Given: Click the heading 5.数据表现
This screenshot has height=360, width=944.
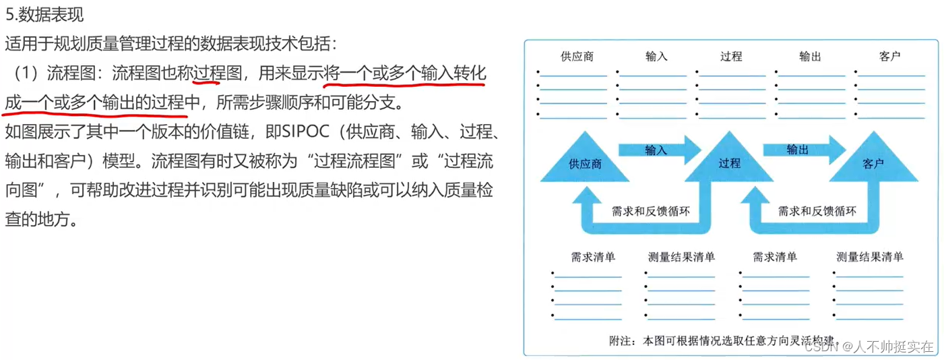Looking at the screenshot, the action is [44, 13].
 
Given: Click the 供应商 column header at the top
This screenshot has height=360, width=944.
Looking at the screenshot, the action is [577, 57].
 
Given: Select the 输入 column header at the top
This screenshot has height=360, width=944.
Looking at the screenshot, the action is [656, 57].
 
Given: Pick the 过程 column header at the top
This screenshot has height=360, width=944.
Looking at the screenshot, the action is [730, 57].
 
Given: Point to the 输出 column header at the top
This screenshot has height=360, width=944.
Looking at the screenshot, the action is [810, 57].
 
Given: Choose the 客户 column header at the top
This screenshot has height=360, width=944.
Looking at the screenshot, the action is [889, 57].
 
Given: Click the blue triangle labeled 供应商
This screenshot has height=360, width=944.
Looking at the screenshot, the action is [584, 162].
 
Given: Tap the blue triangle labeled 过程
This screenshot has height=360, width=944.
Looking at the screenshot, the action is [729, 162].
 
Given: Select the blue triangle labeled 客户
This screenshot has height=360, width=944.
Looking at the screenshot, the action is [873, 162].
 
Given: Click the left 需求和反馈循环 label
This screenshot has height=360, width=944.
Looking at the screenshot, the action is [650, 211].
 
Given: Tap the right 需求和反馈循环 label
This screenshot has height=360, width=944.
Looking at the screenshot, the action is [817, 211].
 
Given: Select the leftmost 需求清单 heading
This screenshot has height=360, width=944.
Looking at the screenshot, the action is [593, 257].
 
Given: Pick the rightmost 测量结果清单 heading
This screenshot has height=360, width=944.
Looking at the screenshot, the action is [869, 257].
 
